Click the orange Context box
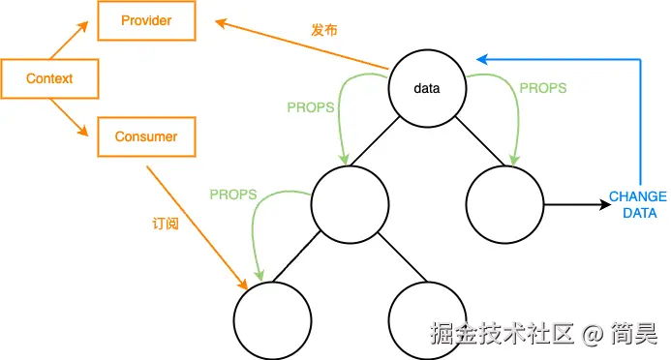49,79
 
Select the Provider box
146,21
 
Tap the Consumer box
146,136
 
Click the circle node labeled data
427,89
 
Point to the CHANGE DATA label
637,205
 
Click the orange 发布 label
322,30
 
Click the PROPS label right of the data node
543,87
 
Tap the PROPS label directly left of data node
310,105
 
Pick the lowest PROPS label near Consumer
233,194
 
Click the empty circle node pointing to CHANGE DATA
504,204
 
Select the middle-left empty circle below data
350,204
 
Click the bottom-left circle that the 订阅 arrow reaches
272,319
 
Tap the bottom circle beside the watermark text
427,319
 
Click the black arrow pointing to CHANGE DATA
571,205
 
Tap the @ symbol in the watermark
592,334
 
